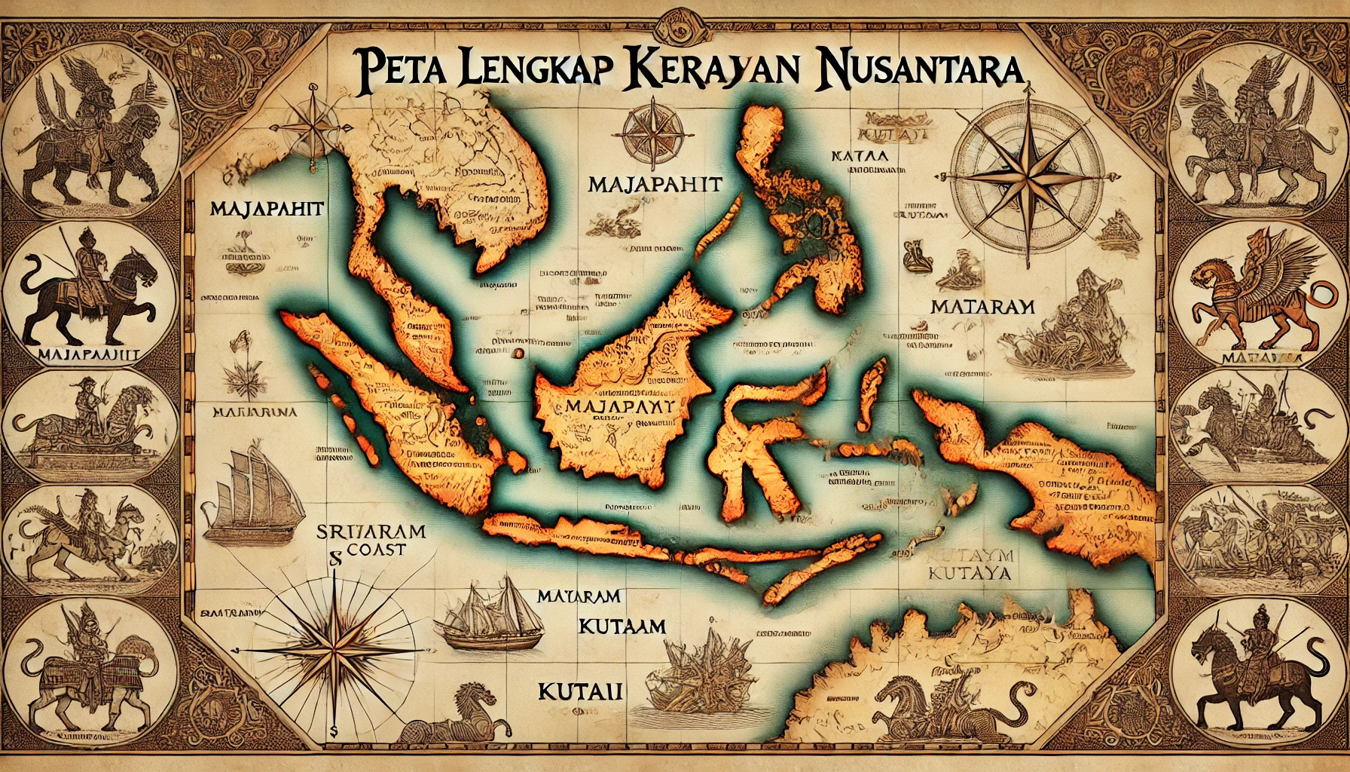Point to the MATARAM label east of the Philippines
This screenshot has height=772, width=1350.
[x=982, y=308]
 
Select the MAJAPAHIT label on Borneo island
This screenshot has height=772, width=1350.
[x=619, y=406]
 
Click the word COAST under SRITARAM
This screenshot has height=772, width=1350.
[x=380, y=549]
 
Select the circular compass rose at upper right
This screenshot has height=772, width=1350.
[x=1011, y=170]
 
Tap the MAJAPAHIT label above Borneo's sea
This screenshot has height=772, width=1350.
[x=653, y=184]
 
